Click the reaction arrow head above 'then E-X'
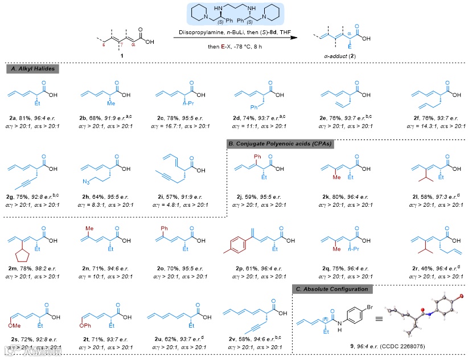[x=295, y=38]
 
